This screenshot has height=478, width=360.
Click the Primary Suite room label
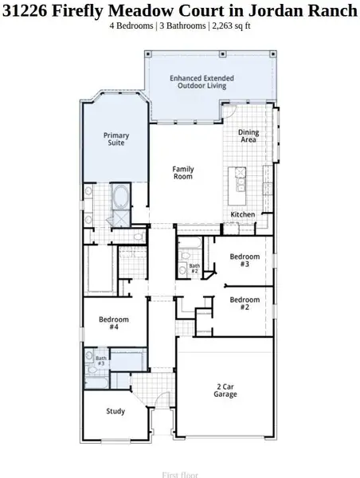[x=116, y=140]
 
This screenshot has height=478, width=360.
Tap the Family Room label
[x=184, y=172]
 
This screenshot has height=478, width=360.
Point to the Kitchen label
[x=243, y=215]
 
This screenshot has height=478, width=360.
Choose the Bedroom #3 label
[x=245, y=261]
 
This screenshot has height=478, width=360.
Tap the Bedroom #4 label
[x=113, y=323]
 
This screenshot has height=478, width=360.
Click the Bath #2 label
[x=194, y=268]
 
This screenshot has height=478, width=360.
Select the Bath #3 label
[x=101, y=361]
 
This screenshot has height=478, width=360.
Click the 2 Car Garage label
[x=225, y=390]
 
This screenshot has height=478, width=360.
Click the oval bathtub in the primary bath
[x=122, y=196]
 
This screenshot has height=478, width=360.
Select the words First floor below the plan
[x=179, y=474]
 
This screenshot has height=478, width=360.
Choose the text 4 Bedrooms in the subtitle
[x=131, y=25]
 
